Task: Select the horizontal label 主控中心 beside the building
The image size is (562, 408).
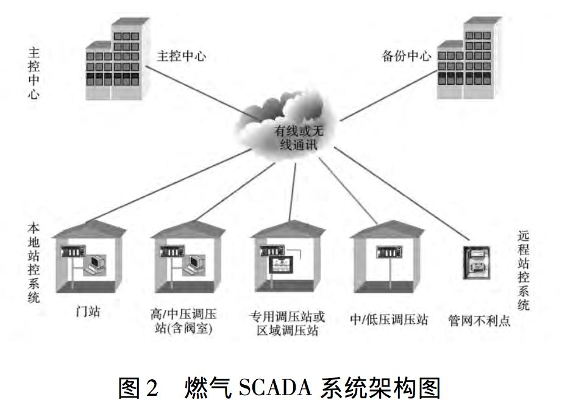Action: coord(182,57)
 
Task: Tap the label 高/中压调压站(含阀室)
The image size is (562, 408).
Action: coord(183,321)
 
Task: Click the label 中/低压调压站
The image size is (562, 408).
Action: coord(389,318)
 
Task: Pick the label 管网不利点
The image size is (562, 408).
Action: coord(478,319)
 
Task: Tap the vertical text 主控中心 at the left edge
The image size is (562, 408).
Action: coord(34,74)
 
